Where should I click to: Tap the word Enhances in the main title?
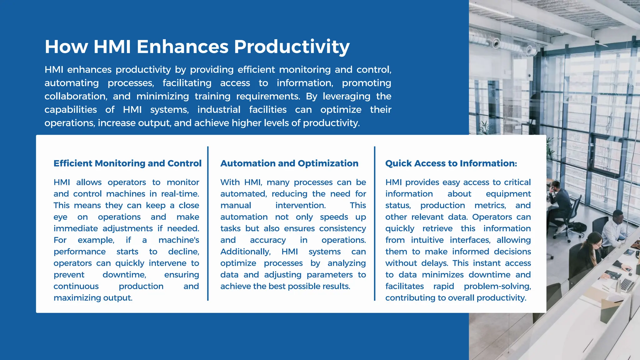[x=182, y=47]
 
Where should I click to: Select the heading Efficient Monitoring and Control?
[x=127, y=163]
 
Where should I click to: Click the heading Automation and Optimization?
[x=289, y=163]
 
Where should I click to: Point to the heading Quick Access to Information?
[x=451, y=163]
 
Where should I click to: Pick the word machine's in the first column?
[x=179, y=240]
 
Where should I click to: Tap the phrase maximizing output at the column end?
[x=93, y=298]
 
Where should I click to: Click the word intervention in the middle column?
[x=300, y=205]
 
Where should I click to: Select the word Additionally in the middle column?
[x=245, y=252]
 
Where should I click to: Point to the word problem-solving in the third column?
[x=497, y=286]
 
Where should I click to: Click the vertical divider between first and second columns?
[x=208, y=223]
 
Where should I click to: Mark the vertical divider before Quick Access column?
[x=374, y=223]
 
